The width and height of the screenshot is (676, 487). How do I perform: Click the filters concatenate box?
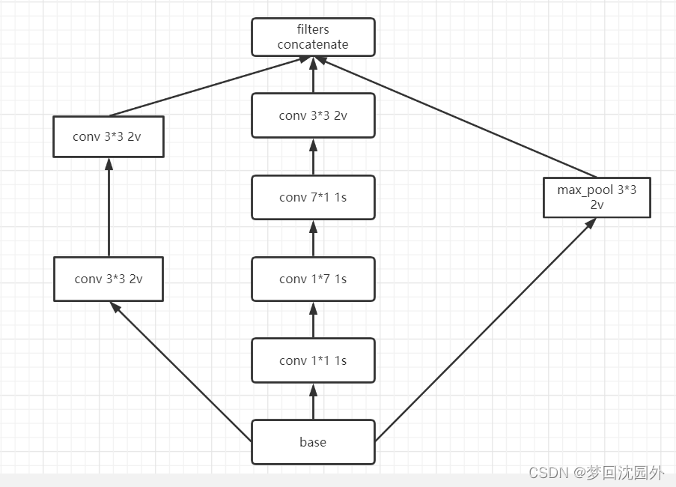click(x=313, y=37)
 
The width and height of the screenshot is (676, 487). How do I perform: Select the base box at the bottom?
click(x=313, y=442)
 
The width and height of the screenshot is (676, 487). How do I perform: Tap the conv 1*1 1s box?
click(x=313, y=360)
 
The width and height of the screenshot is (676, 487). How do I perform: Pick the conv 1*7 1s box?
click(x=313, y=279)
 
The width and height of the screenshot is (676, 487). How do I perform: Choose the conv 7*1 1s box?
click(x=313, y=197)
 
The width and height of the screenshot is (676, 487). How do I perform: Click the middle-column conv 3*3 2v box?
click(x=313, y=115)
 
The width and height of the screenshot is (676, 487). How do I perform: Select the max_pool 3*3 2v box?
click(x=597, y=197)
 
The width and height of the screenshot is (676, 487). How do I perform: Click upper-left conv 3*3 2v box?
click(x=109, y=136)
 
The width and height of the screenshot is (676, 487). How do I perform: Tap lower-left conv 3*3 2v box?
click(x=109, y=279)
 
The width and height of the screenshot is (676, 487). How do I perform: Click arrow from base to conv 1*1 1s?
click(x=313, y=402)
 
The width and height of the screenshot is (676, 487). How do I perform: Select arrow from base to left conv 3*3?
click(x=180, y=370)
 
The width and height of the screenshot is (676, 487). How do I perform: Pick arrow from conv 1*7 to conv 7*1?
click(x=313, y=238)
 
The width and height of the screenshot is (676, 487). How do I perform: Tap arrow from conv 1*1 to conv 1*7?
click(x=313, y=320)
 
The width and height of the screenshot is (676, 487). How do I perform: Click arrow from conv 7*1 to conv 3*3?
click(x=313, y=157)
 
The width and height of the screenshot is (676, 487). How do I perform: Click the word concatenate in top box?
click(x=313, y=44)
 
